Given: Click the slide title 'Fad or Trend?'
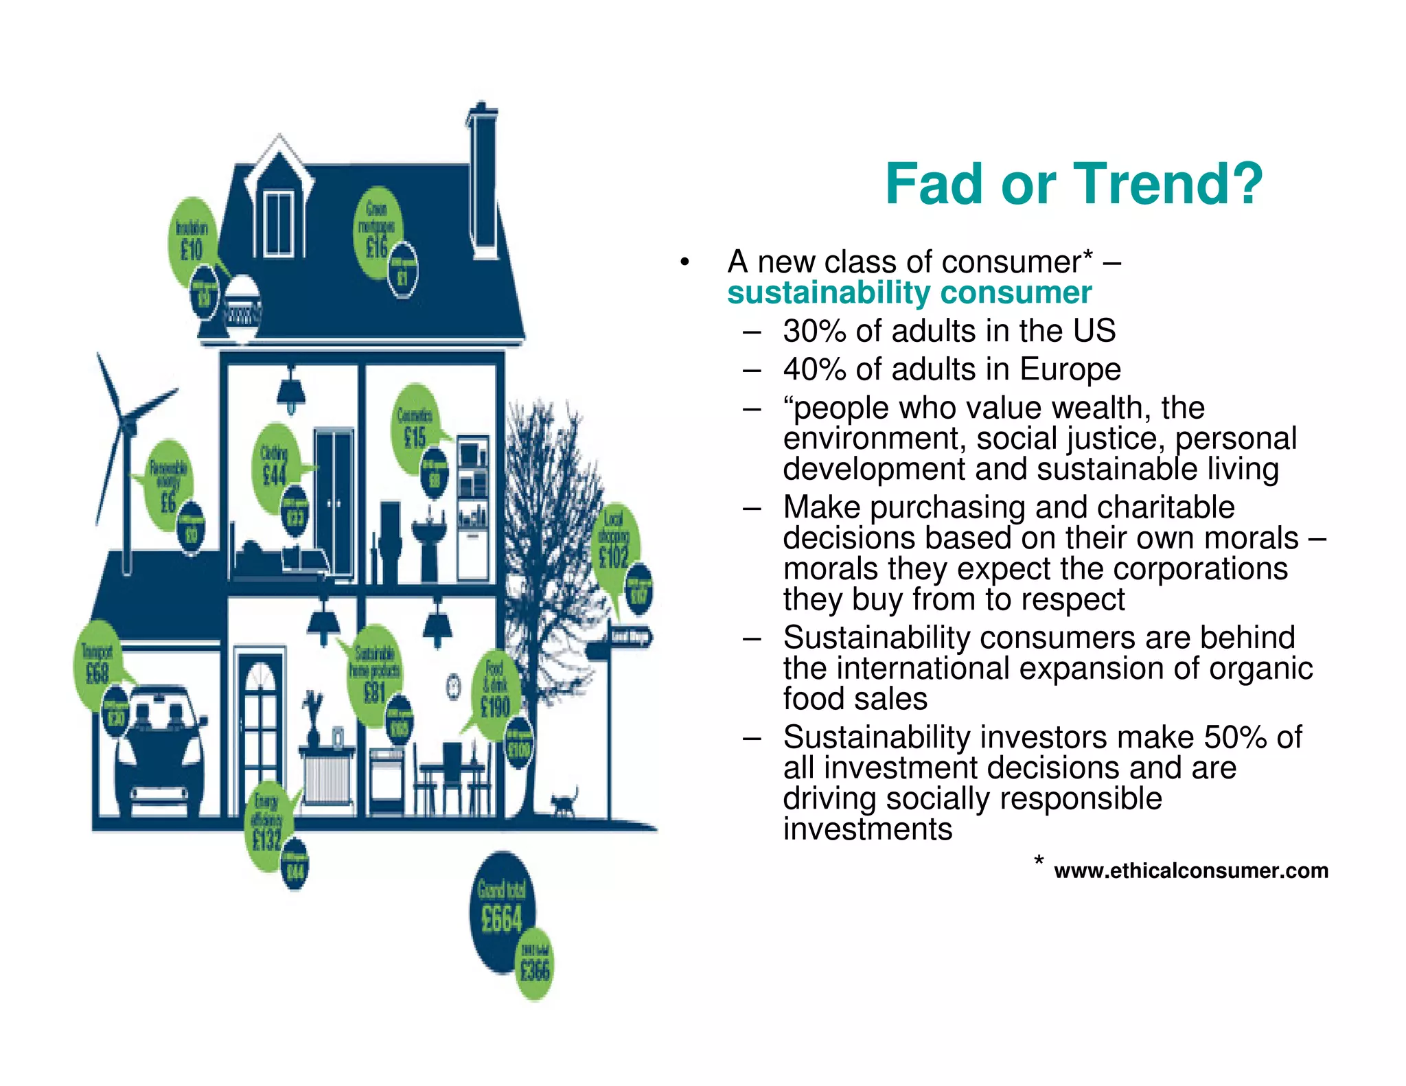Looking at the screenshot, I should pyautogui.click(x=1074, y=184).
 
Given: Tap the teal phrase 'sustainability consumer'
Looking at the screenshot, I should pyautogui.click(x=909, y=293).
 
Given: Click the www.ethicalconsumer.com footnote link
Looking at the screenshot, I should pyautogui.click(x=1190, y=870).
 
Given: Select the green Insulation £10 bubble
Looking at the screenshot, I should pyautogui.click(x=191, y=240).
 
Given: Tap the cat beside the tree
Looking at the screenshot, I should pyautogui.click(x=564, y=802).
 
